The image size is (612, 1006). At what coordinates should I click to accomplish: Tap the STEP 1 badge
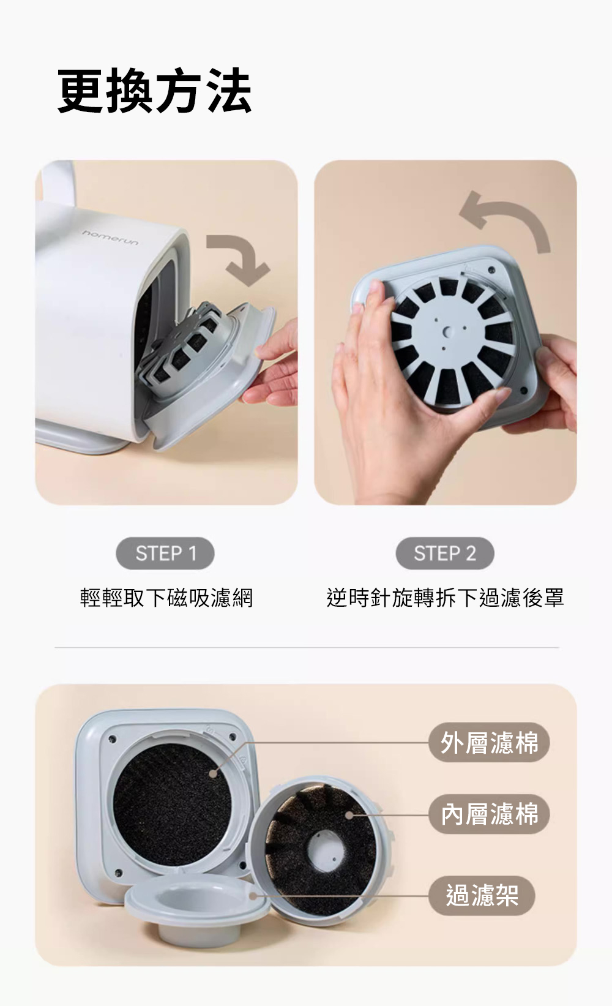coord(165,554)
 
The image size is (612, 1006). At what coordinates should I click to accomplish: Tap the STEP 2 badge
coord(444,554)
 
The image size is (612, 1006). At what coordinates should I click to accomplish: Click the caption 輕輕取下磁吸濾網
coord(166,598)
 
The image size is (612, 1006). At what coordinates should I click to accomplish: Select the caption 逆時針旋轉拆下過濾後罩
coord(445,598)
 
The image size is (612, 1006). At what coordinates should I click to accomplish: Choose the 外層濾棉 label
coord(490,742)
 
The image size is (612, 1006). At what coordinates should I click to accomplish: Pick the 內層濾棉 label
coord(490,814)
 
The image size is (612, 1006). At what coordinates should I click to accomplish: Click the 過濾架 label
coord(482,896)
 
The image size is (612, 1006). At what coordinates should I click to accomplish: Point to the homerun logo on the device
coord(110,238)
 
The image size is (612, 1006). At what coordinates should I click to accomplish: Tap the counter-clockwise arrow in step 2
coord(512,216)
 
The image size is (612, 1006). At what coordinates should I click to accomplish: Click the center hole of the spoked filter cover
coord(447,332)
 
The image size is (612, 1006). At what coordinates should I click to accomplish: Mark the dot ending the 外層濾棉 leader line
coord(213,773)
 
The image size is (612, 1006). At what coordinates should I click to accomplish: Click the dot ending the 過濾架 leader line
coord(253,896)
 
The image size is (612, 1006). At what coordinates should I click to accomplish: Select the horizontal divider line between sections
coord(307,648)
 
